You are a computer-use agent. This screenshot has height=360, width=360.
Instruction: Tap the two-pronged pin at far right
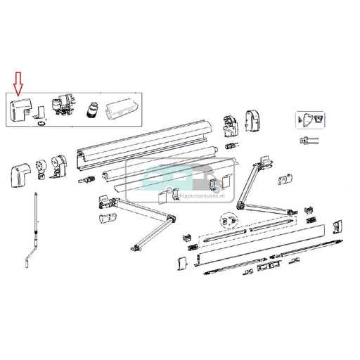click(308, 139)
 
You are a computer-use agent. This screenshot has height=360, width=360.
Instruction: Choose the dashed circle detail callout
click(226, 221)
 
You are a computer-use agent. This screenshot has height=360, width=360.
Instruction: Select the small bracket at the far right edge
click(337, 227)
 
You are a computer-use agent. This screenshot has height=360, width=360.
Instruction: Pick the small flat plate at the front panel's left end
click(181, 262)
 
